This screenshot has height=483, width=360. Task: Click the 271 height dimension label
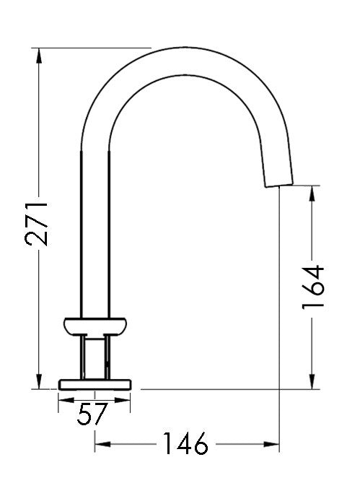pos(37,225)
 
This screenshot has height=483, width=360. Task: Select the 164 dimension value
pos(313,287)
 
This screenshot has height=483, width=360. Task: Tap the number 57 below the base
pos(92,414)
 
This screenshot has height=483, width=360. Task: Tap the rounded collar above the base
pos(97,326)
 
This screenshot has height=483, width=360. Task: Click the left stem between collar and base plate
pos(84,355)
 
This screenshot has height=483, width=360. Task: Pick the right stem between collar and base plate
pos(109,355)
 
